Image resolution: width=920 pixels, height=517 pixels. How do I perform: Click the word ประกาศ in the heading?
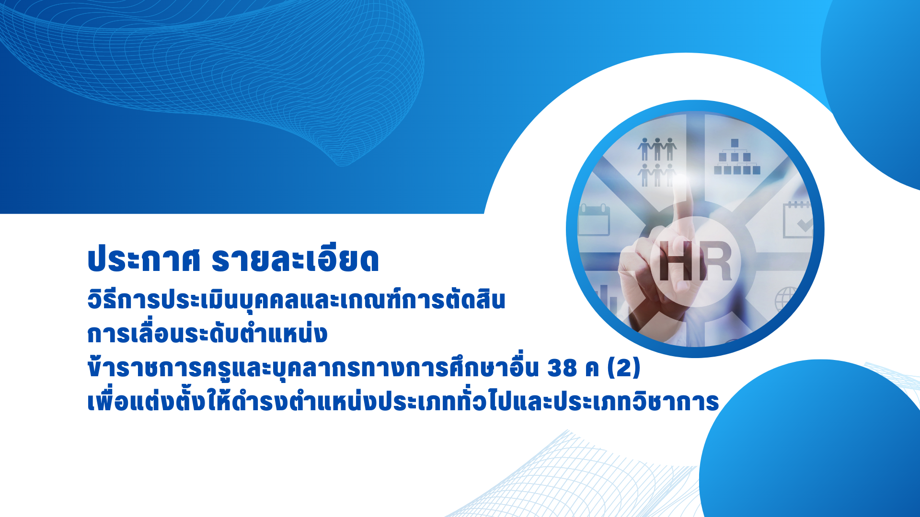pos(144,259)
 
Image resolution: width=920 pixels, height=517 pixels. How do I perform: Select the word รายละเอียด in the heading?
pos(295,259)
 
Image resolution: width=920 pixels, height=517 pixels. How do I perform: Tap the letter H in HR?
pos(677,261)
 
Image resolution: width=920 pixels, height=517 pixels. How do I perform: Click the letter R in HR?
pos(714,261)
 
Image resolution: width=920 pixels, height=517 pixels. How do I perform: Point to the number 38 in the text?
pos(562,368)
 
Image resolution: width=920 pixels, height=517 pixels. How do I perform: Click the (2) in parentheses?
pos(624,368)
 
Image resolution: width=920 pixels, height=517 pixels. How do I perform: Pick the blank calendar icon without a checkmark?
pos(594,220)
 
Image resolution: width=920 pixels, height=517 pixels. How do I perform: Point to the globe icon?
pos(786,299)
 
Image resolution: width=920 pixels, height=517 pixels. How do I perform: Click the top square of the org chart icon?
pos(735,143)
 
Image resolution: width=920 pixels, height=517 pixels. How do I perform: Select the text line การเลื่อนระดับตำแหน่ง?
pos(207,333)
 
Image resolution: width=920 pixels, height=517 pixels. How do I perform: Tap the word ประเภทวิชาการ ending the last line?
pos(637,402)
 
